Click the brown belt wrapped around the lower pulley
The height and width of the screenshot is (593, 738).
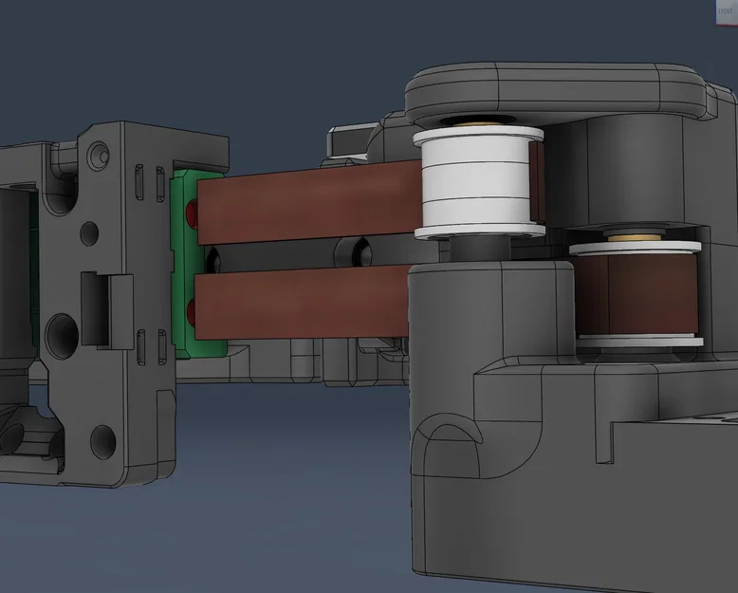click(x=634, y=294)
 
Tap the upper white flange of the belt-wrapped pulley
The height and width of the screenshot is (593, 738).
click(x=634, y=248)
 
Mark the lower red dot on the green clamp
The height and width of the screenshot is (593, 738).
click(x=194, y=310)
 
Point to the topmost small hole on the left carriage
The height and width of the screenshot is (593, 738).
click(x=99, y=153)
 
